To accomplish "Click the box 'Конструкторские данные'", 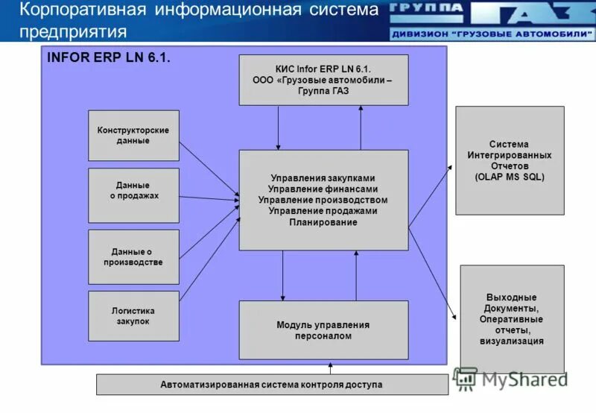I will tap(133, 136).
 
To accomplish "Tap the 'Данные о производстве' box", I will tap(133, 256).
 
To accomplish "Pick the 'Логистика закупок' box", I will tap(133, 316).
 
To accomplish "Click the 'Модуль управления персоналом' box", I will tap(323, 330).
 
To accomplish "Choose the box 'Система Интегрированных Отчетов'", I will tap(510, 160).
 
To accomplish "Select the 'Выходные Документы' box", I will tap(512, 319).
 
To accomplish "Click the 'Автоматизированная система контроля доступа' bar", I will tap(272, 385).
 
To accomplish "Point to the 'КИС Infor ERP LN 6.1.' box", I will tap(323, 80).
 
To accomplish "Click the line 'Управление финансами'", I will tap(323, 189).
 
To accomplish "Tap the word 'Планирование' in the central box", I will tap(323, 222).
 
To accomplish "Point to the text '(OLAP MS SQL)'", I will tap(510, 177).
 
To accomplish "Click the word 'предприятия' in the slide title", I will tap(72, 31).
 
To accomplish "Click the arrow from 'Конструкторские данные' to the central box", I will tap(209, 168).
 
